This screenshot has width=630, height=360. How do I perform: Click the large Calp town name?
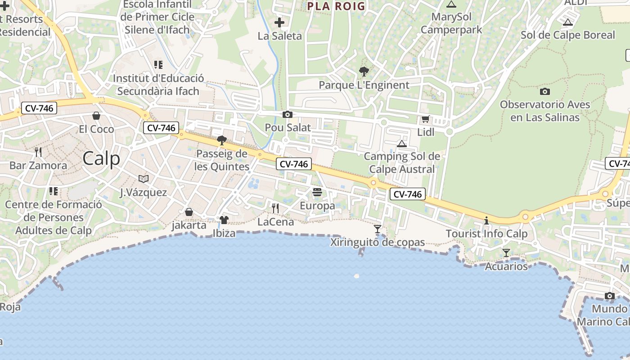point(101,158)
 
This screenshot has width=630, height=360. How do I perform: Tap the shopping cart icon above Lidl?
point(425,119)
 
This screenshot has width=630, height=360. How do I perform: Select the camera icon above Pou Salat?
point(287,115)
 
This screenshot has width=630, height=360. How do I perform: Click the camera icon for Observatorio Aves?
point(544,91)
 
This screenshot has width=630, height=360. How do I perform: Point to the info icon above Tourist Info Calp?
point(486,220)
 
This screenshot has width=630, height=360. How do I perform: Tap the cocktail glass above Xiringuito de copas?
point(377,229)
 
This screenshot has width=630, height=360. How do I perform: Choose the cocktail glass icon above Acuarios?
point(506,253)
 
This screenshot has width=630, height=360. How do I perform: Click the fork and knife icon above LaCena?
point(275,208)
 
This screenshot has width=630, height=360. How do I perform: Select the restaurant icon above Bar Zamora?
point(38,152)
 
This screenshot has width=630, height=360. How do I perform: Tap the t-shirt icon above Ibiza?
point(224,220)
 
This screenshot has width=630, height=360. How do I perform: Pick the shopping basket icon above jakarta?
point(189,211)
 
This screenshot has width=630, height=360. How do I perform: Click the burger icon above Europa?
point(317,193)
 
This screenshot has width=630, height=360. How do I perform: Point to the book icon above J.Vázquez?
point(143,179)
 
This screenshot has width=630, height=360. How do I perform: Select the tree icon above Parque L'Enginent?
point(364,72)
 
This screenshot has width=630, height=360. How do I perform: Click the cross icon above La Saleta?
point(279,22)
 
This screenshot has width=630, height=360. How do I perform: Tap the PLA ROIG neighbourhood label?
point(336,6)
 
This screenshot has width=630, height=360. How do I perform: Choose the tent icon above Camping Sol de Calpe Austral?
point(401,144)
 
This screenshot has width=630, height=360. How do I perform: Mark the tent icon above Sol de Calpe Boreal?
point(567,22)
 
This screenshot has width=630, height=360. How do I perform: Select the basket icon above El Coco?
point(96,116)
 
